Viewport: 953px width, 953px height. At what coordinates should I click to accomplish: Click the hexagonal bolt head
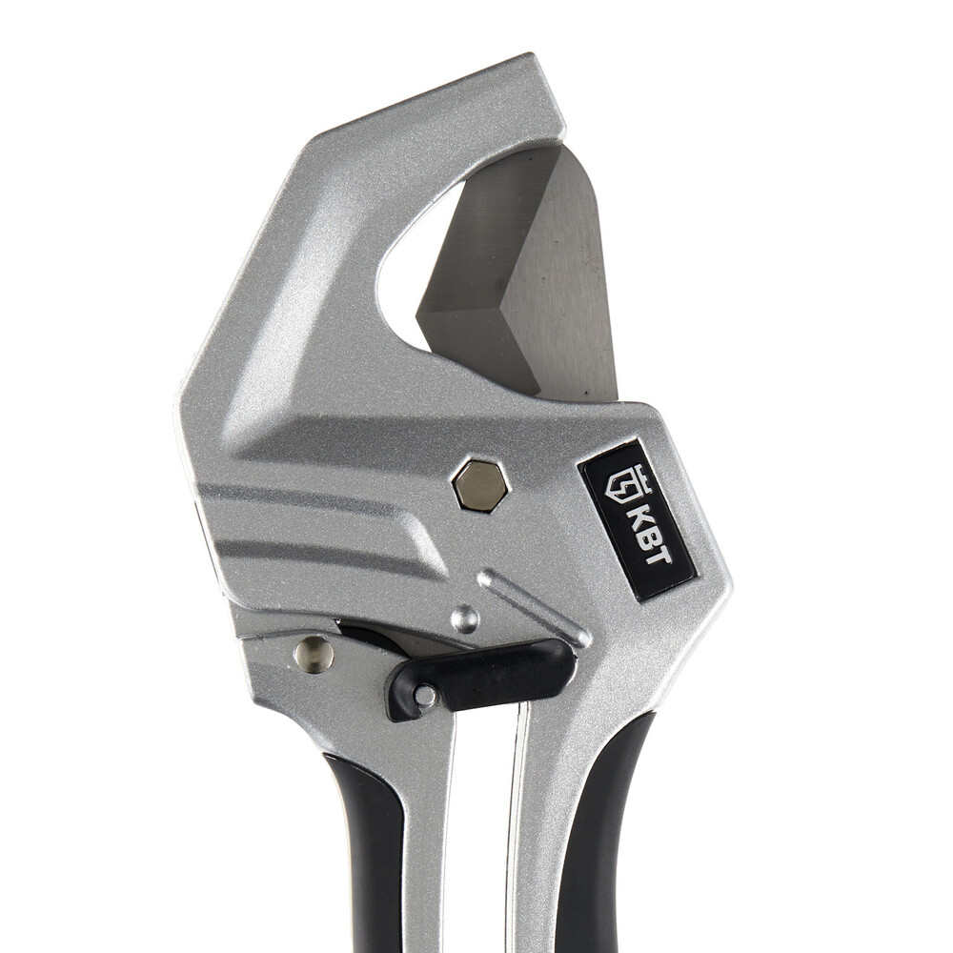[481, 485]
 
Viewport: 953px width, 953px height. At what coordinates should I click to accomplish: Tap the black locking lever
[480, 678]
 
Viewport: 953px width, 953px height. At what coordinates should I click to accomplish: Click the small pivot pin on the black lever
[424, 696]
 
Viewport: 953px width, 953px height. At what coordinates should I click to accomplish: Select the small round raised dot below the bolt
[465, 618]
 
